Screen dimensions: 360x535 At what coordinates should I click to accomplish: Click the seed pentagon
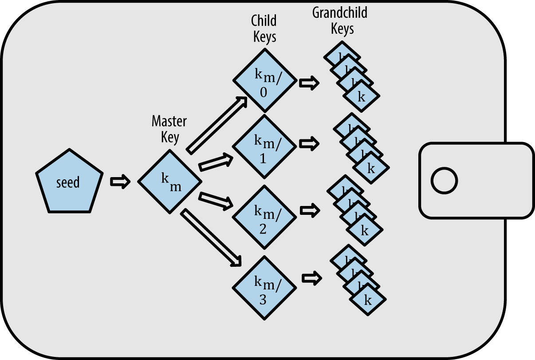point(69,184)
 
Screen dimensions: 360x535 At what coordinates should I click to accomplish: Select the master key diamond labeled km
point(170,182)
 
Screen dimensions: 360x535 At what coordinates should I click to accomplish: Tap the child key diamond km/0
point(265,80)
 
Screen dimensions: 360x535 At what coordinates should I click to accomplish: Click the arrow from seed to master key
point(120,182)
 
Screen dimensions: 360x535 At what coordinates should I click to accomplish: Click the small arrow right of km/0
point(309,83)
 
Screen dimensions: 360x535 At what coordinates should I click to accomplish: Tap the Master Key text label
point(169,129)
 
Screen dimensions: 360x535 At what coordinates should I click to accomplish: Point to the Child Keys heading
point(264,28)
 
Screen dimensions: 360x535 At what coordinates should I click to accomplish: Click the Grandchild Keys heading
point(340,20)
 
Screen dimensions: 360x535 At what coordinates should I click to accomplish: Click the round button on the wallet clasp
point(444,181)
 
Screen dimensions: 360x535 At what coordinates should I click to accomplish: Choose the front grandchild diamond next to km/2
point(365,230)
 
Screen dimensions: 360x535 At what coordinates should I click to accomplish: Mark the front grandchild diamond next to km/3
point(368,300)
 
